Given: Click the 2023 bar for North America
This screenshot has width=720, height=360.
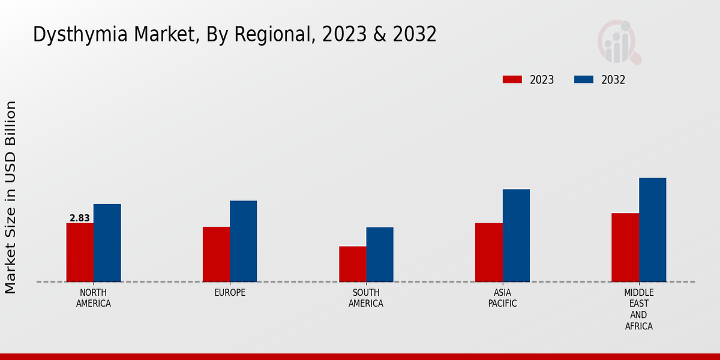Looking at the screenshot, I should pos(80,253).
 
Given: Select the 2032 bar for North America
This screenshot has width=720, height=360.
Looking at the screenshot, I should pos(107,243).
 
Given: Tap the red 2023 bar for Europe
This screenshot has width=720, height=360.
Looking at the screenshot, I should pos(216,254).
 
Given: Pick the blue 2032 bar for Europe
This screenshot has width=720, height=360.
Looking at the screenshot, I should pos(243,241).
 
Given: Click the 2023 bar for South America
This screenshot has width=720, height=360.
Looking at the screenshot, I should pos(352,264).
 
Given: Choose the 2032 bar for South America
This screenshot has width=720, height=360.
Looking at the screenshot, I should pos(380,254).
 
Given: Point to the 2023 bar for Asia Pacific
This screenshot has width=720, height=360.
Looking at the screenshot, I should pos(488,253).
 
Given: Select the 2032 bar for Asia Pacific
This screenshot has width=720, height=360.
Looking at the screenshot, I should pos(516,235).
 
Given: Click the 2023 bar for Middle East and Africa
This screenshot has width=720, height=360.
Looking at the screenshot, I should pos(625,247).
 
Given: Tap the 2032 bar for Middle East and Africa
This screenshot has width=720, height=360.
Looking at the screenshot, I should pos(652,230).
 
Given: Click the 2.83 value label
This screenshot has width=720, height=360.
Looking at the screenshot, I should pos(80,218).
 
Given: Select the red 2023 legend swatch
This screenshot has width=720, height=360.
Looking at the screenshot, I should pos(512,80).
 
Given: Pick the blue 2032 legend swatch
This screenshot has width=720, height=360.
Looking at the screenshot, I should pos(584,80).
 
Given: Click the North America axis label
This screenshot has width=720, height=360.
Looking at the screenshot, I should pos(94,298).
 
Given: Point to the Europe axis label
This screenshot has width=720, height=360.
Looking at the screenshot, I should pos(230,293).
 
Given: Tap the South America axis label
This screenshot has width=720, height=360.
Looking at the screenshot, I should pos(366,298).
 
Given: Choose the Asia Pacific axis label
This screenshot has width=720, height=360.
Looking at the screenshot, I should pos(502,298).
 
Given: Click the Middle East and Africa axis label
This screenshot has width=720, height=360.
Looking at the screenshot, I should pos(638,309).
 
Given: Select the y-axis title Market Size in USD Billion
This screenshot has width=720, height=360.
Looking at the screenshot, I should pos(11,197).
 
